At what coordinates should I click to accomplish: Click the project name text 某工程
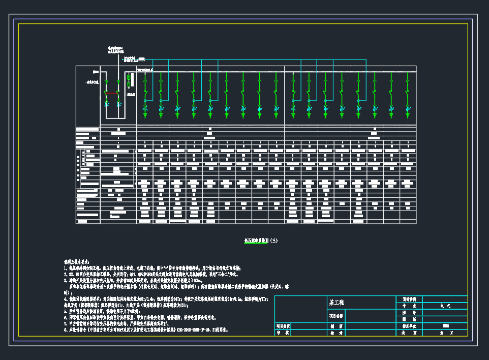coord(337,302)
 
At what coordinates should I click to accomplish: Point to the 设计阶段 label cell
coord(409,299)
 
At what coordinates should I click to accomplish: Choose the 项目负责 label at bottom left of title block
coord(283,326)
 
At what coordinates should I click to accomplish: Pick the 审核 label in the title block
coord(283,333)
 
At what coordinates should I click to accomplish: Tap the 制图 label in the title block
coord(337,326)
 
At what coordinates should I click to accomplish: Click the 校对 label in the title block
coord(337,333)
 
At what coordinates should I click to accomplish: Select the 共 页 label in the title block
coord(409,333)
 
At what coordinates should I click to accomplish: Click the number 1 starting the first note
coord(65,267)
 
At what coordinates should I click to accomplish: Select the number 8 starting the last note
coord(65,329)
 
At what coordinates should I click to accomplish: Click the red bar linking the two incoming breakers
coord(112,93)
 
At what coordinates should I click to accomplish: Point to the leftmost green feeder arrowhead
coord(144,116)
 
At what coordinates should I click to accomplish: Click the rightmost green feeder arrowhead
coord(408,116)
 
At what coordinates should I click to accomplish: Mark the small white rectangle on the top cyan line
coord(142,59)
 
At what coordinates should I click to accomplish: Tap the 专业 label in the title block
coord(409,306)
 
